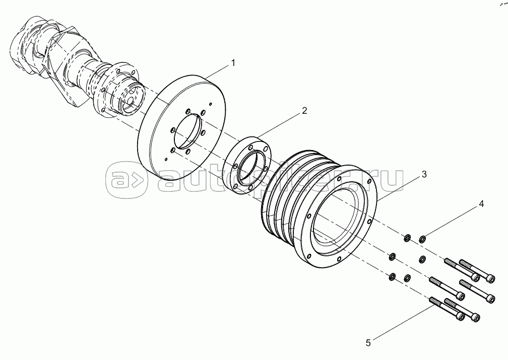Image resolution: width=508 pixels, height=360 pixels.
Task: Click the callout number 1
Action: [x=232, y=63]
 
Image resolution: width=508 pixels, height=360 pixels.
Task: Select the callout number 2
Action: [x=304, y=110]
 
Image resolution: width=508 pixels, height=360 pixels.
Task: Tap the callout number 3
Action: [x=424, y=175]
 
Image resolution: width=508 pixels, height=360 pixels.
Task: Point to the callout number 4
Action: [x=481, y=204]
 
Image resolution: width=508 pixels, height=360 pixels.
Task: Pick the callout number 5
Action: [x=368, y=343]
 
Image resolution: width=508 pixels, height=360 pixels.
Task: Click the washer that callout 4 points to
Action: [x=422, y=239]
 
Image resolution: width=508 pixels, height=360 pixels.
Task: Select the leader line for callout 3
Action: [x=400, y=187]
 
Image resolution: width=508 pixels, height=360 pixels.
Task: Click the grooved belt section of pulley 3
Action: [x=285, y=201]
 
